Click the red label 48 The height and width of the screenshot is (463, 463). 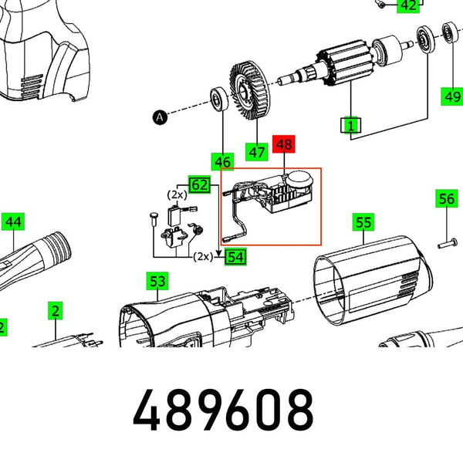tap(285, 144)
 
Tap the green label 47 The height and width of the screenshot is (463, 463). tap(258, 153)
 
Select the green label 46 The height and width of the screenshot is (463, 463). tap(222, 162)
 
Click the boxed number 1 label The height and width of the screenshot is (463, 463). tap(352, 124)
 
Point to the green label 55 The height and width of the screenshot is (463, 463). tap(363, 223)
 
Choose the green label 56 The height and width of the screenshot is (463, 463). tap(446, 199)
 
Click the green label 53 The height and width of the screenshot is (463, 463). tap(157, 281)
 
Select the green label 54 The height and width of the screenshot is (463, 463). tap(235, 256)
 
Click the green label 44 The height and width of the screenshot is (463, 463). tap(13, 222)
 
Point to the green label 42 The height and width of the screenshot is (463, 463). tap(408, 6)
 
